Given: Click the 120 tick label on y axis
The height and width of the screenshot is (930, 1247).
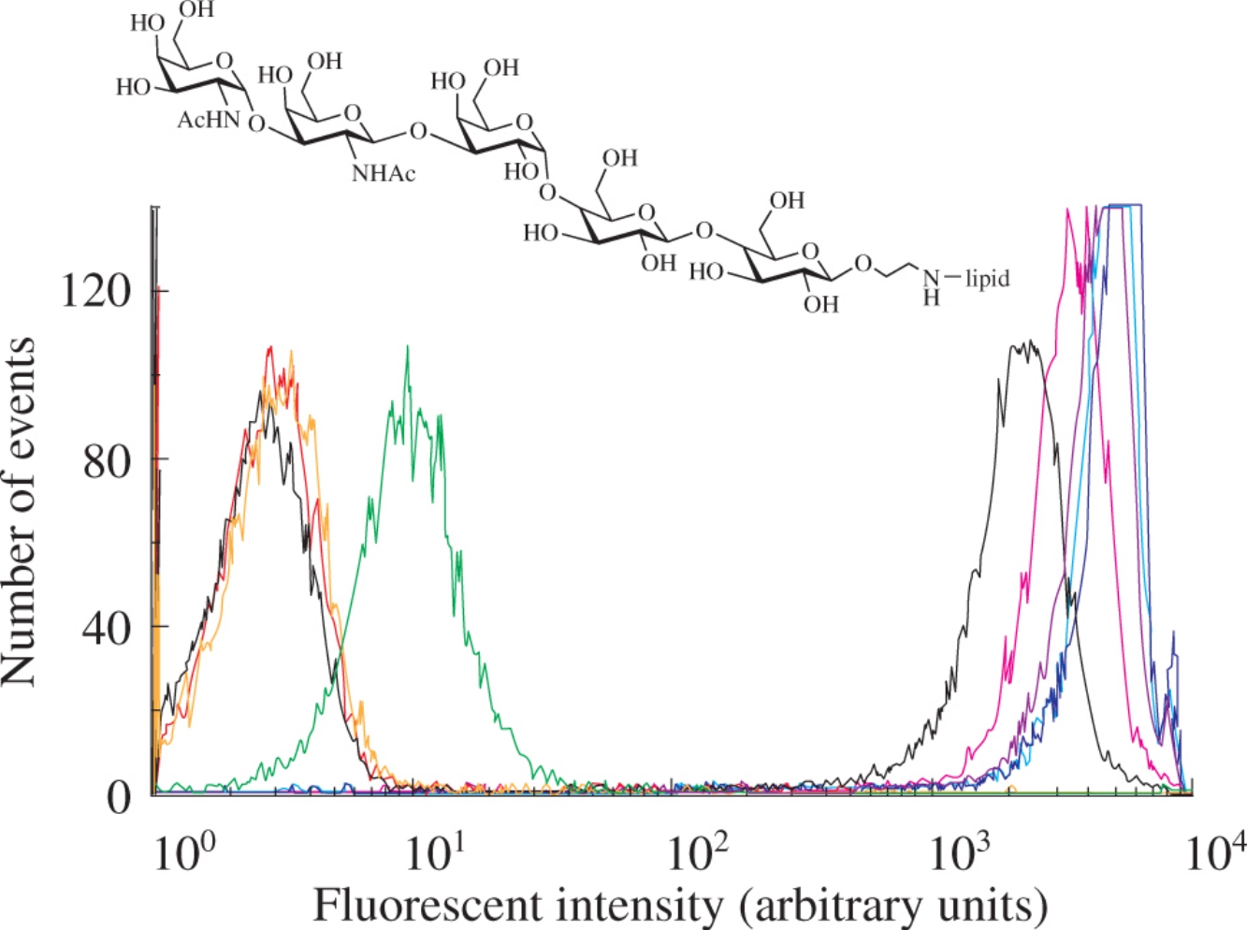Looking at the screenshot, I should pos(96,292).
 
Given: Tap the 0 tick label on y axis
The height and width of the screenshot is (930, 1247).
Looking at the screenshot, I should pos(120,796).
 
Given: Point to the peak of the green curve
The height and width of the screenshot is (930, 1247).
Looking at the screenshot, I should pos(407,347).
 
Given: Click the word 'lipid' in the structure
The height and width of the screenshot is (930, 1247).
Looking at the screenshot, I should pos(988,278).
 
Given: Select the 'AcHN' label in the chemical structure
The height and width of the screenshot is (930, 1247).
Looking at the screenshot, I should pos(209,121).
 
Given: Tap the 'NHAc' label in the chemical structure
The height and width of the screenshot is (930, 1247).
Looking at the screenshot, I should pos(384,173).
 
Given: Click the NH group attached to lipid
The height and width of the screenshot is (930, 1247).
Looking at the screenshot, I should pos(931,286).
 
